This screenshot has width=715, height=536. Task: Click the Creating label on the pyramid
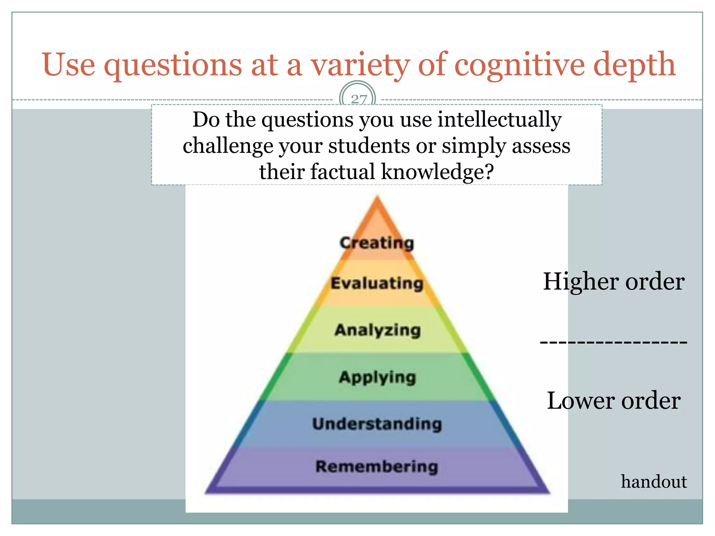click(x=377, y=243)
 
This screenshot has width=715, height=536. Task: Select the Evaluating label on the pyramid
click(x=377, y=283)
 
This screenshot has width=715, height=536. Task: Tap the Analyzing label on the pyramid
click(x=377, y=330)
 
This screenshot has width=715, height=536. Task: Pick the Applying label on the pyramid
click(x=377, y=377)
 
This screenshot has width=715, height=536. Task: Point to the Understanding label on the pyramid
click(x=377, y=424)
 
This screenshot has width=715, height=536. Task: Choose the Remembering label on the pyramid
click(x=377, y=467)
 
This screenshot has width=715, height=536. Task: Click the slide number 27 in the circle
click(x=359, y=99)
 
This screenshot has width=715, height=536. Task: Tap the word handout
click(x=654, y=482)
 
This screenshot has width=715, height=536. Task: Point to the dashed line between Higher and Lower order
click(x=613, y=342)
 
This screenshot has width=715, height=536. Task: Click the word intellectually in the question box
click(x=499, y=120)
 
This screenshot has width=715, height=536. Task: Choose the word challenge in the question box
click(x=227, y=146)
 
